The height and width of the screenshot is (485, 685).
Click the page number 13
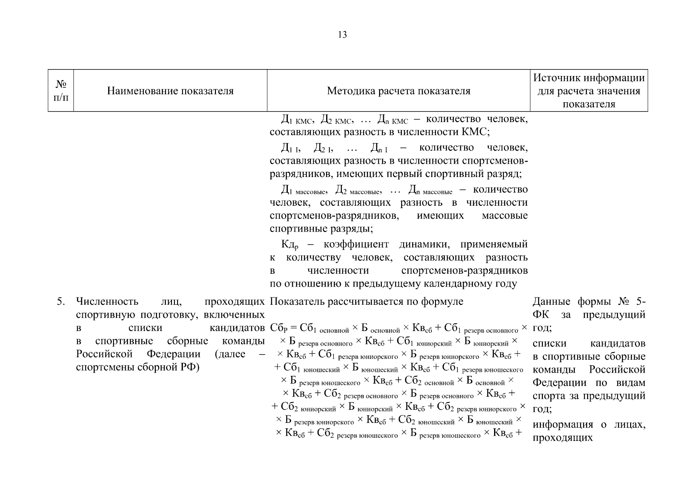click(342, 35)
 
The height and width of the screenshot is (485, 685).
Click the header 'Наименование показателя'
click(170, 91)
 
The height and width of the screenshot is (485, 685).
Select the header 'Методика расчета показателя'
click(398, 91)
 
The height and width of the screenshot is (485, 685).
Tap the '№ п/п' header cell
click(61, 91)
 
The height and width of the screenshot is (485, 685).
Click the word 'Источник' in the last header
click(557, 78)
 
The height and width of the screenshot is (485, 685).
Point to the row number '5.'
click(61, 302)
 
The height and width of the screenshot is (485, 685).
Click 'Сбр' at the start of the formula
click(278, 328)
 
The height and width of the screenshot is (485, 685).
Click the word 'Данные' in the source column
click(551, 302)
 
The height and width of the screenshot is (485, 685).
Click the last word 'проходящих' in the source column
click(562, 437)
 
